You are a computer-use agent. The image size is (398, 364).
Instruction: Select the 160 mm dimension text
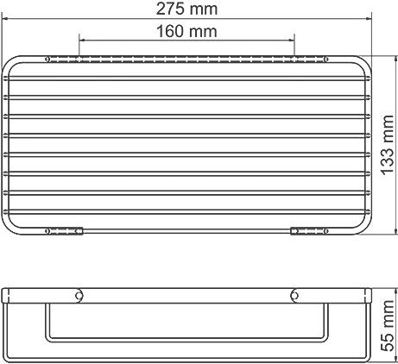click(187, 32)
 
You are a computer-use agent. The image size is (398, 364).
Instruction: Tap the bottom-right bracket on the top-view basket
click(308, 230)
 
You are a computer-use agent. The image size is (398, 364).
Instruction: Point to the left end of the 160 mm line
click(79, 39)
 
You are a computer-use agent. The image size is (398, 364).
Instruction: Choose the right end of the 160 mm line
click(294, 39)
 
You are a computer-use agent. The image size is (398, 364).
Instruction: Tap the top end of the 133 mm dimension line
click(377, 56)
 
